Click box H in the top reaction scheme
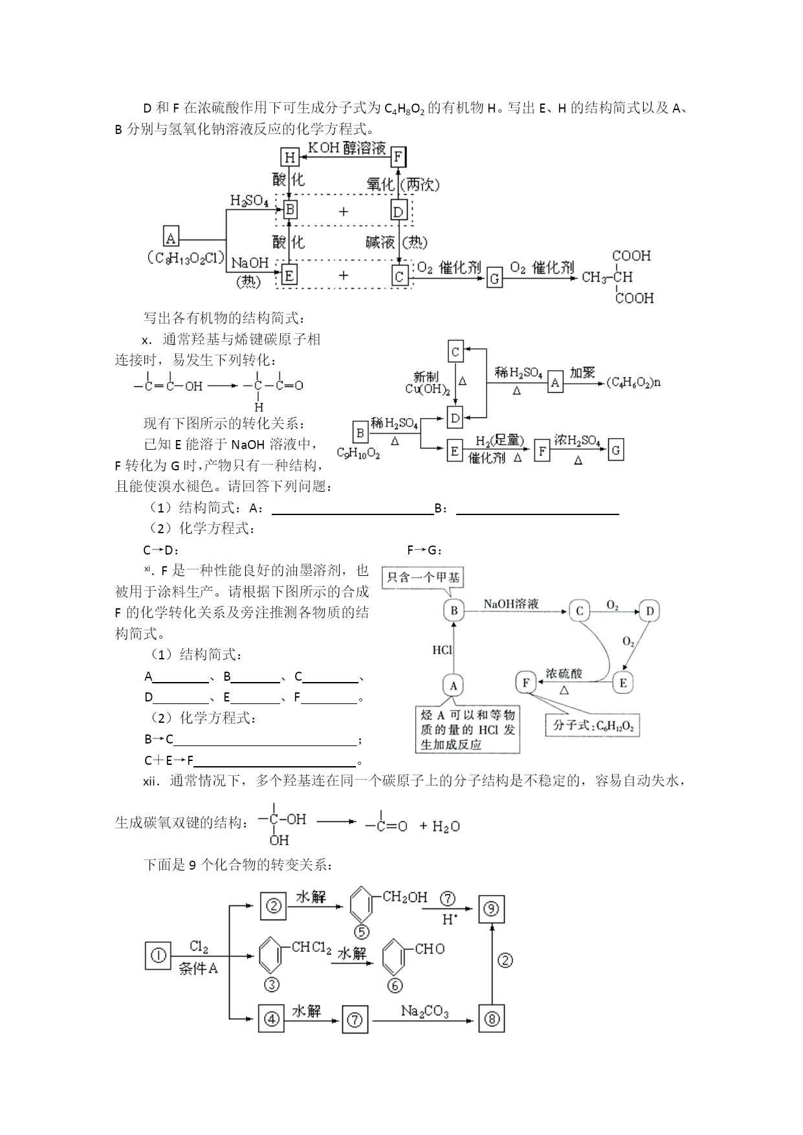[x=289, y=158]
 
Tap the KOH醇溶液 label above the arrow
[x=346, y=148]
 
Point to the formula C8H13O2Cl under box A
[x=186, y=258]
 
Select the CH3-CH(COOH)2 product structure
[x=618, y=277]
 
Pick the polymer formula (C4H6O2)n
[x=634, y=382]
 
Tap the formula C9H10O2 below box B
[x=358, y=454]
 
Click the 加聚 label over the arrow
[x=582, y=373]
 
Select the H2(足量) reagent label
[x=499, y=441]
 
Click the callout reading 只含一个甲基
[x=423, y=577]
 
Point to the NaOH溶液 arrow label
[x=511, y=604]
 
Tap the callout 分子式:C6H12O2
[x=593, y=725]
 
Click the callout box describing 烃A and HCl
[x=468, y=729]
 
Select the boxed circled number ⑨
[x=492, y=909]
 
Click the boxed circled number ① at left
[x=159, y=955]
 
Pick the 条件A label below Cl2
[x=198, y=969]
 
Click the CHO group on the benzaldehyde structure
[x=430, y=949]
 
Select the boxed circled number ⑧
[x=492, y=1020]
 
